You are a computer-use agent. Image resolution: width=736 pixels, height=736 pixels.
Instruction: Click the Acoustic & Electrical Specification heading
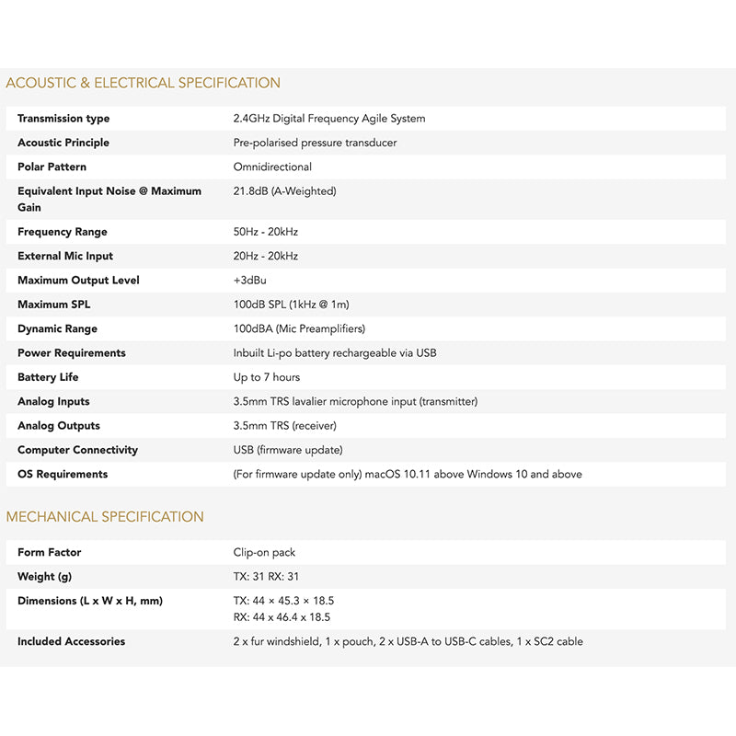click(x=143, y=83)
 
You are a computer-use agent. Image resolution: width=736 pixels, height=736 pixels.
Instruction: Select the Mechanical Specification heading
click(x=105, y=517)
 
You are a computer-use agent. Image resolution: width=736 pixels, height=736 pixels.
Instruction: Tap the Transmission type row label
click(x=63, y=119)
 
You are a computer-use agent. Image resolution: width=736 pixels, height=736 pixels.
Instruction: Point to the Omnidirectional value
click(x=272, y=167)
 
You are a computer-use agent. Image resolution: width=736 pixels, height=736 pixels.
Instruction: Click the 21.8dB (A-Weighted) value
click(x=284, y=191)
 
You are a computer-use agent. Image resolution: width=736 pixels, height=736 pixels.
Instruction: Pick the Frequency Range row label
click(x=62, y=232)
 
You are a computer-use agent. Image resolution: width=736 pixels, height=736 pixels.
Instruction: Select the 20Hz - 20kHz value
click(x=266, y=256)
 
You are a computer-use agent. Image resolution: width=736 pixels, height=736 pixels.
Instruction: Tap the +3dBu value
click(x=249, y=280)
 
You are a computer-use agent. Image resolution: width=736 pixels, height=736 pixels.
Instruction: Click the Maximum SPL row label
click(x=54, y=305)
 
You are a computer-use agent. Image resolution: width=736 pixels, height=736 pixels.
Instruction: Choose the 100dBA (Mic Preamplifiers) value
click(x=299, y=328)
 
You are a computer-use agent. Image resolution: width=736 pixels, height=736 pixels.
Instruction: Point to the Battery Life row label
click(x=49, y=377)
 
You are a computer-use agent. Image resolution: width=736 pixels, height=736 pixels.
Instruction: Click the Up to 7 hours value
click(x=267, y=377)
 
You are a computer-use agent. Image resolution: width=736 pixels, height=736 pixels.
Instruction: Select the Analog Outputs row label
click(x=59, y=426)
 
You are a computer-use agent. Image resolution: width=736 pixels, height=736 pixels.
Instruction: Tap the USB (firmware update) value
click(x=288, y=450)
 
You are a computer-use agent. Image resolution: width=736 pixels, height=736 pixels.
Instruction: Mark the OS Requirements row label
click(x=63, y=474)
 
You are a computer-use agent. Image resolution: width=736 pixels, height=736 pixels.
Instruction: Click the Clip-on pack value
click(x=264, y=552)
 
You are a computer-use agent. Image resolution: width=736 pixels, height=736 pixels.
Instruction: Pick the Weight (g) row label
click(x=44, y=577)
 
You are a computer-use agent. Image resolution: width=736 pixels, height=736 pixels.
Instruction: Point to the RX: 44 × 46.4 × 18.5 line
click(x=282, y=617)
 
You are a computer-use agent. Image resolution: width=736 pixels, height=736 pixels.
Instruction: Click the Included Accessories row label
click(x=71, y=641)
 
